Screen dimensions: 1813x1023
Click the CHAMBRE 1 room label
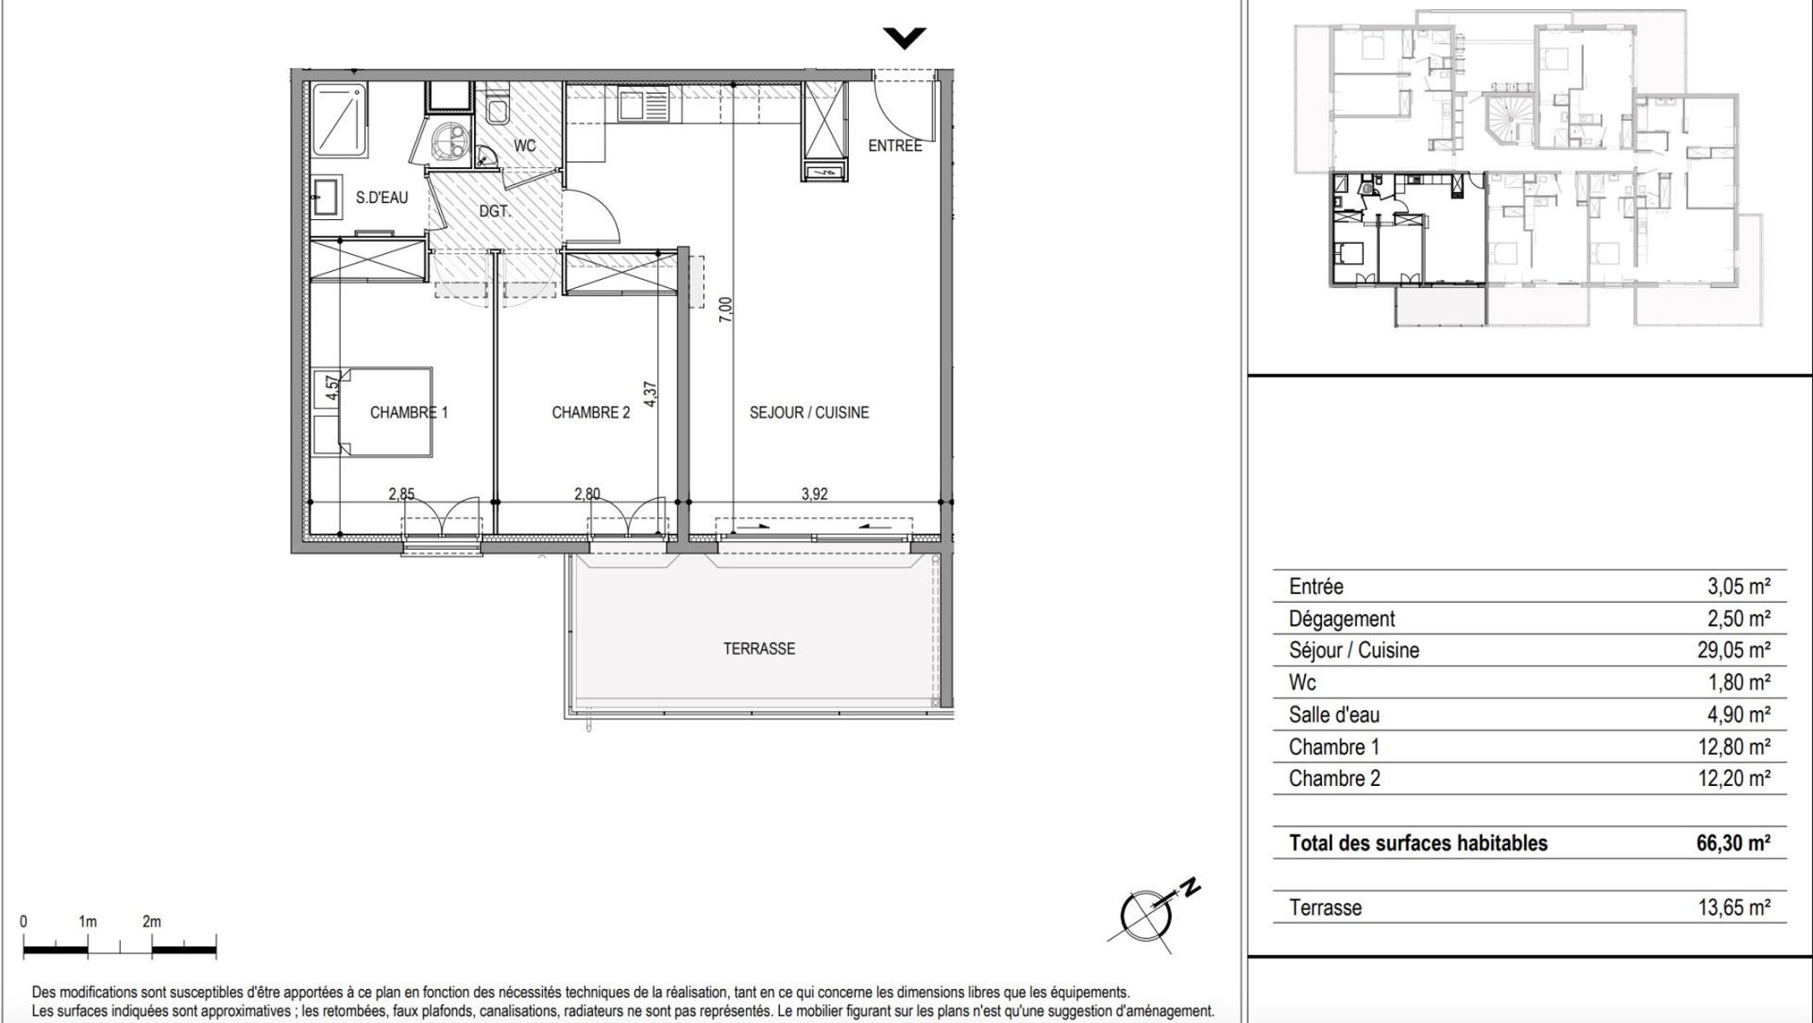pyautogui.click(x=408, y=413)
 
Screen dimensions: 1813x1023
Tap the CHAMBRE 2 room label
pyautogui.click(x=591, y=413)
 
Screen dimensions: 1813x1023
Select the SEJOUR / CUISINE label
pyautogui.click(x=809, y=413)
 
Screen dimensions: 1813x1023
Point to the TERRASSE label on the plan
pyautogui.click(x=759, y=649)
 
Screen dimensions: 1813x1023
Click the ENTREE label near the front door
pyautogui.click(x=895, y=146)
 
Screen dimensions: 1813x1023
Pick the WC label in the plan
pyautogui.click(x=525, y=146)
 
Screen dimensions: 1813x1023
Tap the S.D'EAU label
pyautogui.click(x=382, y=198)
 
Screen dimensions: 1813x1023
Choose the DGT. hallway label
pyautogui.click(x=494, y=211)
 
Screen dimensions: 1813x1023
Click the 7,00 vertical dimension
pyautogui.click(x=725, y=309)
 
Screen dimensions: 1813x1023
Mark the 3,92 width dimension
pyautogui.click(x=814, y=494)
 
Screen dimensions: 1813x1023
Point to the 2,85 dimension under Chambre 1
pyautogui.click(x=401, y=494)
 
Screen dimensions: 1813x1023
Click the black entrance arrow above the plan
pyautogui.click(x=904, y=38)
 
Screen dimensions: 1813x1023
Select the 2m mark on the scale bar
pyautogui.click(x=152, y=922)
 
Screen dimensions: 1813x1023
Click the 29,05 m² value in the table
pyautogui.click(x=1734, y=650)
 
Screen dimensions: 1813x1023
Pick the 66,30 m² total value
pyautogui.click(x=1734, y=843)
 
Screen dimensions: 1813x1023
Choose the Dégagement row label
pyautogui.click(x=1342, y=619)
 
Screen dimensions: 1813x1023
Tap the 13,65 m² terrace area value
pyautogui.click(x=1734, y=908)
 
